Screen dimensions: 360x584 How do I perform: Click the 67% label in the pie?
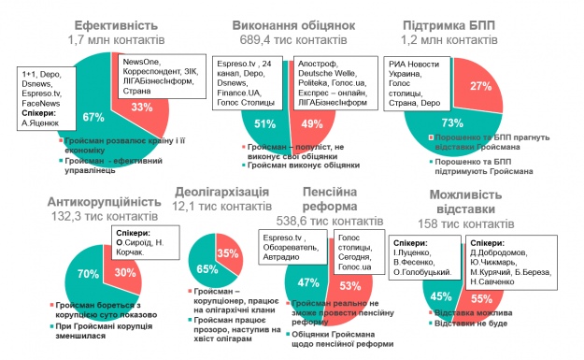(92, 117)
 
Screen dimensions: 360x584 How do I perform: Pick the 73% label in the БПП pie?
(450, 122)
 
